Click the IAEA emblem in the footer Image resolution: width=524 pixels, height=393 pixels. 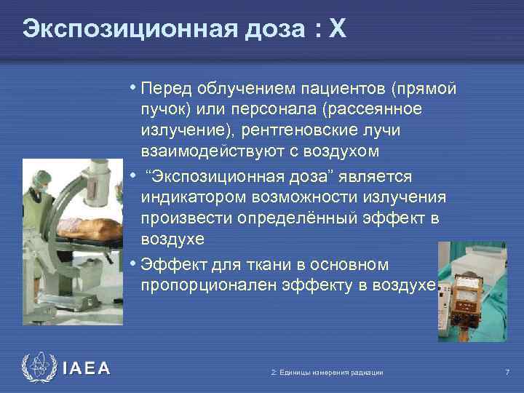click(x=39, y=368)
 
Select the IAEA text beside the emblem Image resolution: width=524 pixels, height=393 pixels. click(x=87, y=369)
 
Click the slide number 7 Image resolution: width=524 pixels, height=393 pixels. click(x=507, y=373)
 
